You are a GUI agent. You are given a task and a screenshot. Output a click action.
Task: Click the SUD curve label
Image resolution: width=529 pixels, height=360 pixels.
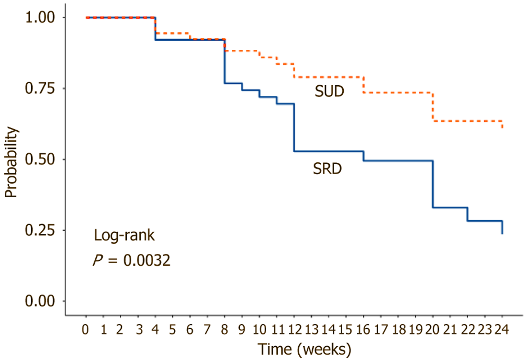(329, 91)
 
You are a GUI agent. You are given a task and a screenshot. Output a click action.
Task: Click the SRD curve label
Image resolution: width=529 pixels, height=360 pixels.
(327, 169)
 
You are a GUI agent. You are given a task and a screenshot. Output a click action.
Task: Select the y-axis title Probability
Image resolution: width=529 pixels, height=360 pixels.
(11, 162)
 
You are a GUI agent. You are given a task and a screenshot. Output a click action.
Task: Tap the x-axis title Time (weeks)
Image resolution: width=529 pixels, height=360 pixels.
(304, 349)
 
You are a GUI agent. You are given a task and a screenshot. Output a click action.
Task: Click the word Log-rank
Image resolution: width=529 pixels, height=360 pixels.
(124, 235)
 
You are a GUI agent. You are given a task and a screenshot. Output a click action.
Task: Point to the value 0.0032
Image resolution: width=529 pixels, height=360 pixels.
(147, 260)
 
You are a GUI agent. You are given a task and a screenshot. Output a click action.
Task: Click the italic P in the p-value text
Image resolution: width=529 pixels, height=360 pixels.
(98, 260)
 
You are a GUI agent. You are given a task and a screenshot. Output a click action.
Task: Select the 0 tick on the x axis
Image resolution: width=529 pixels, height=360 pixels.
(85, 329)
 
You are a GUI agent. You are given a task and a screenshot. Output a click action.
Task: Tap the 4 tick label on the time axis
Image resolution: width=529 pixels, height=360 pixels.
(155, 329)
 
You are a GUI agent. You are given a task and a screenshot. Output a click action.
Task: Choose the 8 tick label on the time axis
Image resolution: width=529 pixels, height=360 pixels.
(225, 329)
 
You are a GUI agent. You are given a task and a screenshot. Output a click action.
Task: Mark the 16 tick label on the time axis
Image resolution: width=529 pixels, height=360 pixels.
(363, 329)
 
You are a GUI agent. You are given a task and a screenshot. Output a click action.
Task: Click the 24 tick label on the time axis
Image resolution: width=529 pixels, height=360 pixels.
(502, 329)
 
